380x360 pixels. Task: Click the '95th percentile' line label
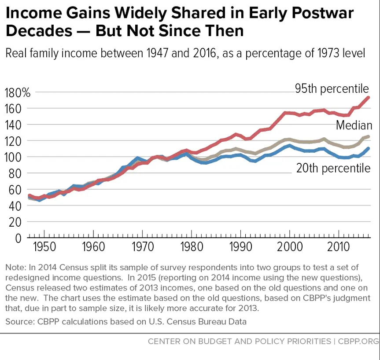click(332, 89)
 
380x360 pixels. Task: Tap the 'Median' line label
click(354, 125)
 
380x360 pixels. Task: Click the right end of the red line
click(368, 98)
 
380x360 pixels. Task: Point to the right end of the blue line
click(368, 148)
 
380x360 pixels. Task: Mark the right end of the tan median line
click(368, 137)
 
